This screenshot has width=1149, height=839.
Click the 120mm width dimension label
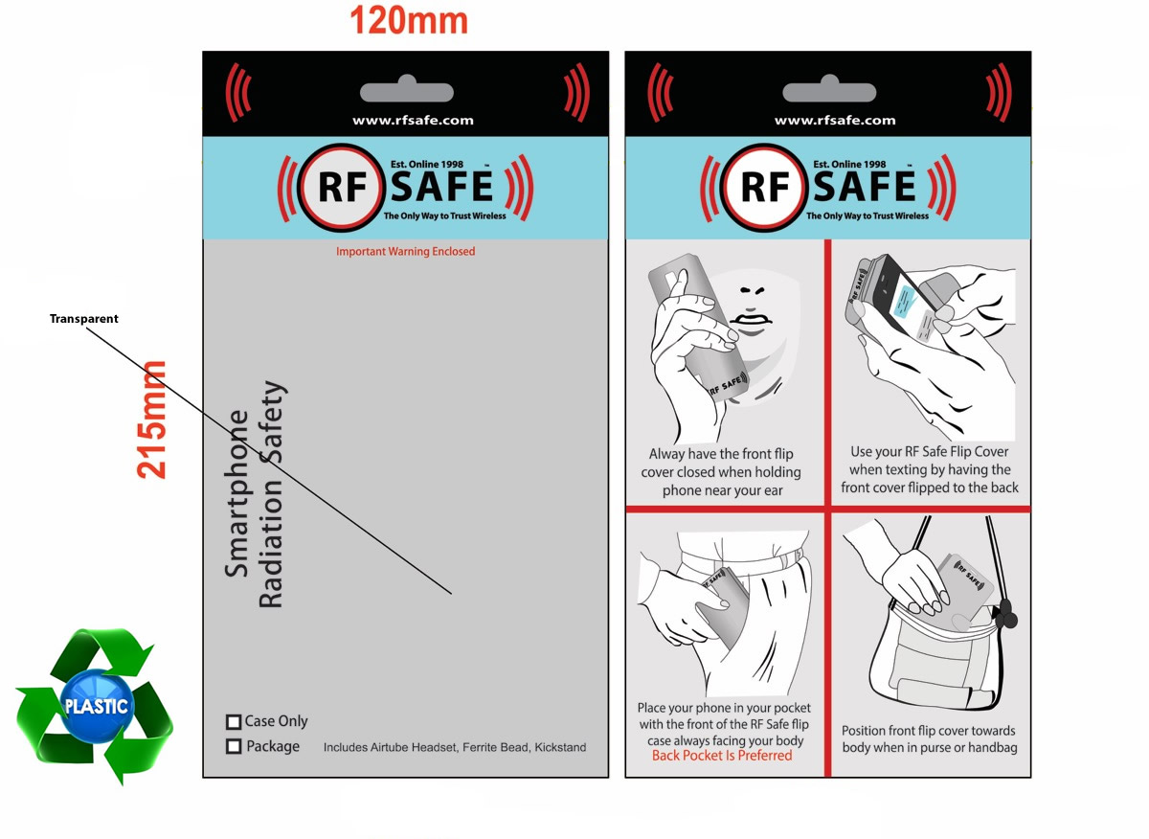click(409, 21)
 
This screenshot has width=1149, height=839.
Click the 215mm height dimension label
click(152, 420)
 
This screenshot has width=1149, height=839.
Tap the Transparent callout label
click(84, 319)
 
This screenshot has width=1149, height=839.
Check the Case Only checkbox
click(234, 722)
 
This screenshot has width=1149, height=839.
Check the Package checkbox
click(234, 747)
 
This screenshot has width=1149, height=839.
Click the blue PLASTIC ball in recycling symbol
click(97, 706)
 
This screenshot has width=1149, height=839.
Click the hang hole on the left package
click(407, 90)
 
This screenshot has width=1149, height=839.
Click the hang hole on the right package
click(829, 90)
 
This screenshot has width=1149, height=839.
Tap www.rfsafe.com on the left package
click(413, 121)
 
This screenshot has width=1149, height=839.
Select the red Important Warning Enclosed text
click(406, 252)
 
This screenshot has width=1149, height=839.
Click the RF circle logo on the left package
click(341, 188)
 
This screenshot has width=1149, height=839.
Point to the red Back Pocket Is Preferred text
click(722, 756)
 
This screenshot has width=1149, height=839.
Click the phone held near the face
click(699, 329)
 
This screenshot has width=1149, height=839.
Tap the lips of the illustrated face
click(751, 320)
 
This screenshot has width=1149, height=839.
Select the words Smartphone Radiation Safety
click(256, 494)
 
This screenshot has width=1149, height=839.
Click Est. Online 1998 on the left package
click(427, 165)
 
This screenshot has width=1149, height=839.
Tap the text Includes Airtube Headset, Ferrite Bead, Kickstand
click(455, 748)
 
